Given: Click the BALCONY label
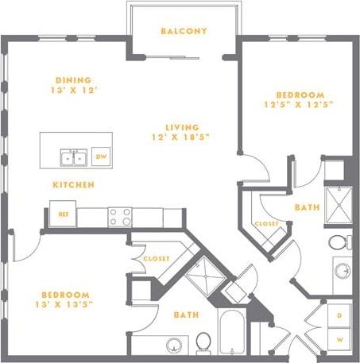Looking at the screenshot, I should [x=184, y=32].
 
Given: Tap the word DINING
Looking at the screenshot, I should [x=73, y=79].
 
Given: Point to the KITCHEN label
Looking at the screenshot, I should [x=74, y=184].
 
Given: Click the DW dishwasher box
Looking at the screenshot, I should [x=102, y=156].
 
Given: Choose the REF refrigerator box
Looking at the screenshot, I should [x=62, y=214].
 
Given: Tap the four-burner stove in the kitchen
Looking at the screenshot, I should [x=120, y=216].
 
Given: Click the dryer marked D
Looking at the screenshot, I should [x=339, y=316].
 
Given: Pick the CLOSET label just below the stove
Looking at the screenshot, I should [x=157, y=258].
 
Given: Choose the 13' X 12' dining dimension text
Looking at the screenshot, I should [x=73, y=91].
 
